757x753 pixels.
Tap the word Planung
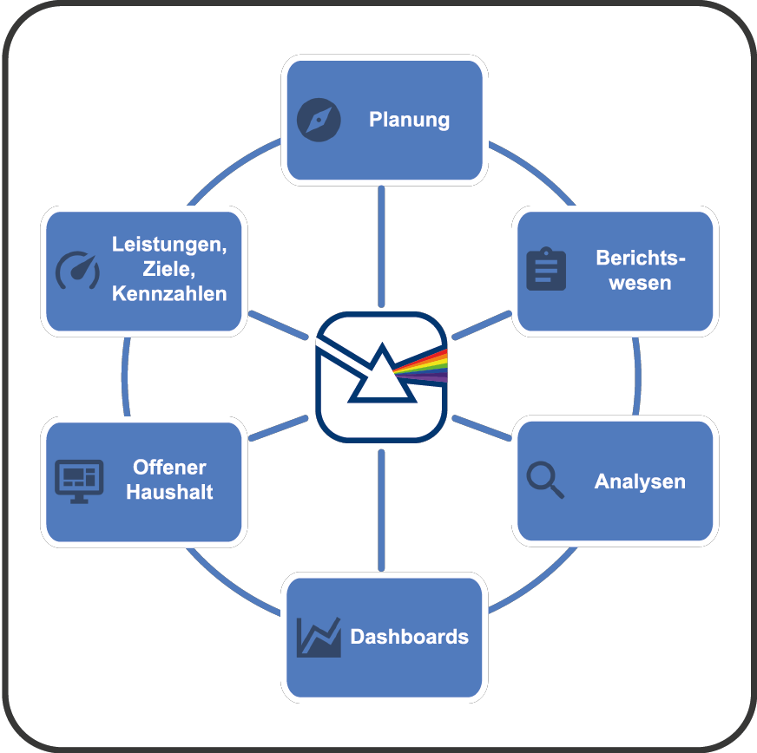tap(409, 119)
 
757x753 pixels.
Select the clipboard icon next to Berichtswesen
tap(546, 269)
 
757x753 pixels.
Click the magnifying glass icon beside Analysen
tap(545, 480)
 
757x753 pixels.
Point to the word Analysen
tap(640, 481)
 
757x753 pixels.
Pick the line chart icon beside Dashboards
tap(318, 638)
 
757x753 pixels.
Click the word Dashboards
tap(409, 637)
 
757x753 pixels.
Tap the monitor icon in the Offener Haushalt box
tap(79, 481)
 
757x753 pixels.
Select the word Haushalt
tap(169, 492)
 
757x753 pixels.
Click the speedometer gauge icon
tap(77, 270)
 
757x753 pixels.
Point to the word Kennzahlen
tap(169, 293)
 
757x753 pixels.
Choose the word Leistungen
tap(169, 245)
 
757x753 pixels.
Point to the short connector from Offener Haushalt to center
tap(278, 428)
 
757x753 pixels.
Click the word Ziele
tap(169, 269)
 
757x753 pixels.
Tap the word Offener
tap(169, 468)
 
